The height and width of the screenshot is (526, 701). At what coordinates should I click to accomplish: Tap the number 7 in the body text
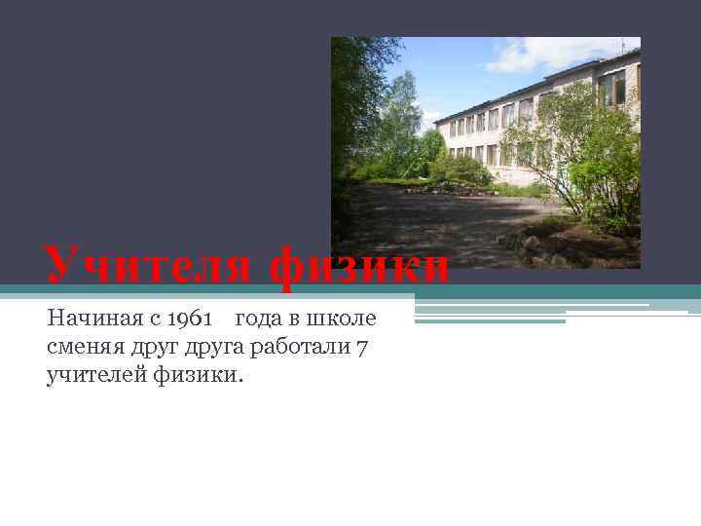pyautogui.click(x=360, y=349)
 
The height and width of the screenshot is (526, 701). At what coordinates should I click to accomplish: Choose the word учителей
pyautogui.click(x=94, y=375)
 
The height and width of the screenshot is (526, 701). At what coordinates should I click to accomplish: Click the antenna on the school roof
pyautogui.click(x=623, y=45)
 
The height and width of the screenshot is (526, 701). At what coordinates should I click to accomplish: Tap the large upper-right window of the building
pyautogui.click(x=613, y=90)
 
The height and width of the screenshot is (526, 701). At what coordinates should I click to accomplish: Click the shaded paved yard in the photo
pyautogui.click(x=438, y=224)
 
